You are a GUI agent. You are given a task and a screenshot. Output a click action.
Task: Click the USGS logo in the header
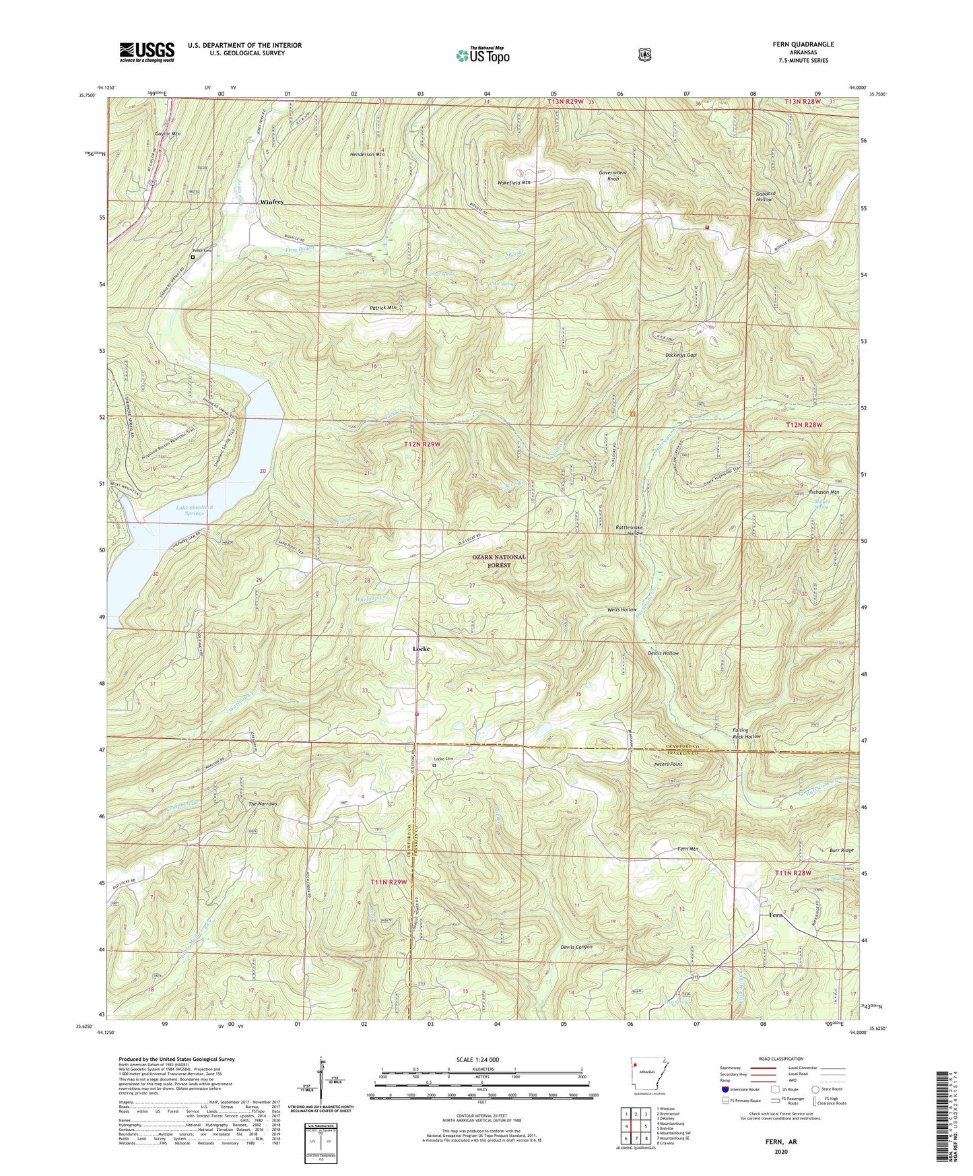(147, 52)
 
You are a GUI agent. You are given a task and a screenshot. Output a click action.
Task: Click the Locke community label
(420, 649)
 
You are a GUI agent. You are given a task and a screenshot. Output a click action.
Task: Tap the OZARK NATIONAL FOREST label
(499, 561)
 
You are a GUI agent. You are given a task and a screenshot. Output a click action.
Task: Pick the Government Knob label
(613, 176)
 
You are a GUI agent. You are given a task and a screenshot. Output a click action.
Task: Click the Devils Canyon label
(576, 947)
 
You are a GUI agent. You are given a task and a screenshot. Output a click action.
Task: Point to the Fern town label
(776, 915)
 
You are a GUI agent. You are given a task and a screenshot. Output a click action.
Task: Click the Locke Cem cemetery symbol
(434, 765)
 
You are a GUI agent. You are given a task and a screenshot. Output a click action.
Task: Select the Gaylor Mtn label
(168, 134)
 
